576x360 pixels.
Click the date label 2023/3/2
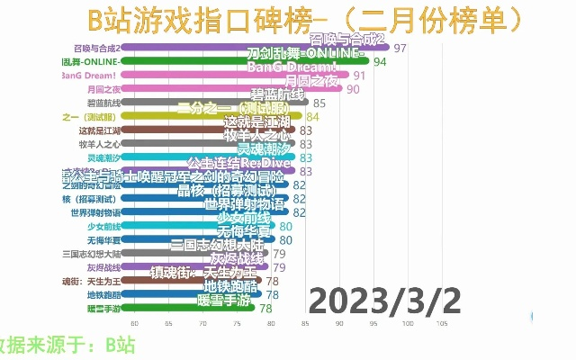[385, 301]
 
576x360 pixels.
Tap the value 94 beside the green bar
[380, 62]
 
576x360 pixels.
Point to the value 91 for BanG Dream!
[359, 76]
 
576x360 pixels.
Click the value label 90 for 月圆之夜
[353, 89]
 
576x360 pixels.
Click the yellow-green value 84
[312, 116]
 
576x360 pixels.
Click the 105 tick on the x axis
[442, 324]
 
